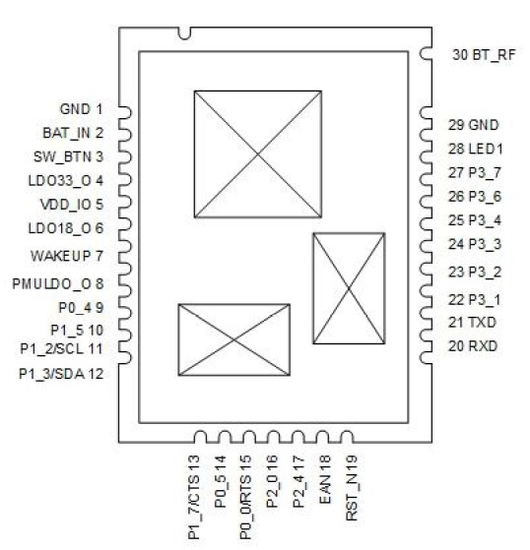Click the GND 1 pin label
pos(81,109)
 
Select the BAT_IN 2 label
pos(73,133)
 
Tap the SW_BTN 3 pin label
pos(69,156)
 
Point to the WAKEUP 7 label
pos(67,256)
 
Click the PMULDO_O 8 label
pos(58,283)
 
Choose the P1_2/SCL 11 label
pos(61,348)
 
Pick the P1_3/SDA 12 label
pos(61,374)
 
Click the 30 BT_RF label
pos(484,55)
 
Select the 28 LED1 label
pos(475,149)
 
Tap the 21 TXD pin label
pos(472,323)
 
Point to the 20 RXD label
pos(473,346)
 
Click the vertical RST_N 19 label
pos(352,488)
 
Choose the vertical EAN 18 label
pos(325,479)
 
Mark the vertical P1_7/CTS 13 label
pos(194,497)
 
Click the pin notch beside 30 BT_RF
pos(425,54)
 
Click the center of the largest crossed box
pos(258,154)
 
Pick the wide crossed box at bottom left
pos(233,339)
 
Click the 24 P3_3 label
pos(475,244)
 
